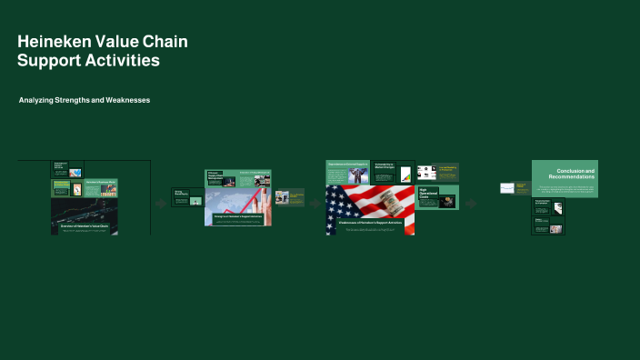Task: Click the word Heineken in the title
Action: click(x=50, y=42)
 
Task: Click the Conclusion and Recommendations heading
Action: click(x=575, y=173)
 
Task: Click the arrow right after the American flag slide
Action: click(x=471, y=204)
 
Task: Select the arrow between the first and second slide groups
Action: click(x=161, y=205)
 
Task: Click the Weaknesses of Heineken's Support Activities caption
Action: click(x=370, y=223)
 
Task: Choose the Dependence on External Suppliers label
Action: click(x=348, y=164)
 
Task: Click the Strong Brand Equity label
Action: click(x=179, y=193)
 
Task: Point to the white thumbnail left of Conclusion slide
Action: click(x=507, y=188)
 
